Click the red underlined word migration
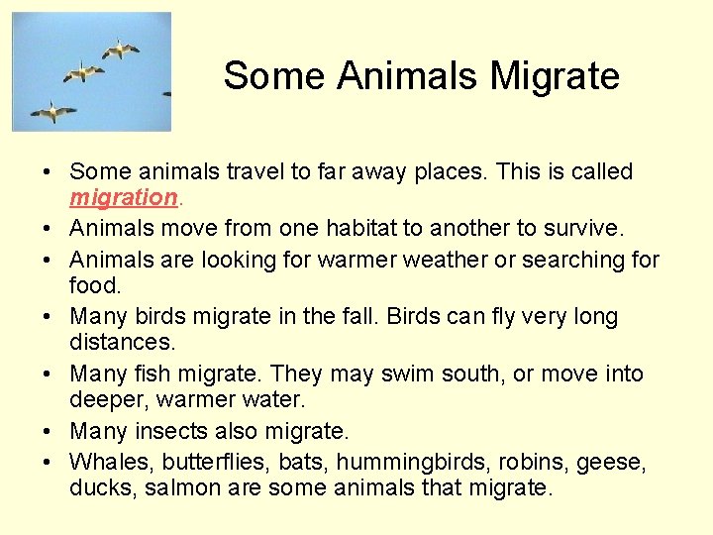pos(123,198)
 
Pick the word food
pos(95,285)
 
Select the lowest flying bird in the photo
pos(52,111)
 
